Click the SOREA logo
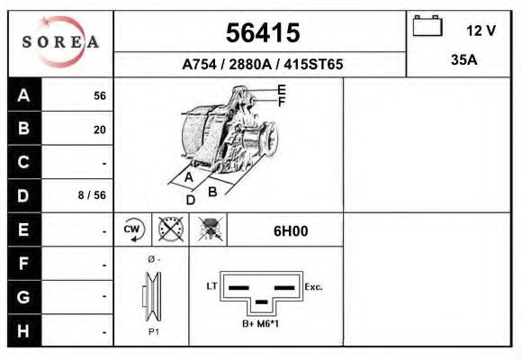coord(60,42)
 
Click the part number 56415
coord(262,33)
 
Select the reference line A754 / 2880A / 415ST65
coord(262,65)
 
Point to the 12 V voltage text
coord(481,31)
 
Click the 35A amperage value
coord(463,61)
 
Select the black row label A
coord(23,95)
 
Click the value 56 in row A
coord(99,96)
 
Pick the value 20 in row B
coord(99,130)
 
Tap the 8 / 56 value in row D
coord(93,195)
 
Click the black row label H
coord(23,330)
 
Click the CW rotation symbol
coord(133,229)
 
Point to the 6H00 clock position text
coord(291,230)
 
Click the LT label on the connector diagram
coord(212,286)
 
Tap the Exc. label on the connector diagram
coord(314,286)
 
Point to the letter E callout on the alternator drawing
coord(281,89)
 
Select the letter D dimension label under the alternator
coord(190,200)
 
